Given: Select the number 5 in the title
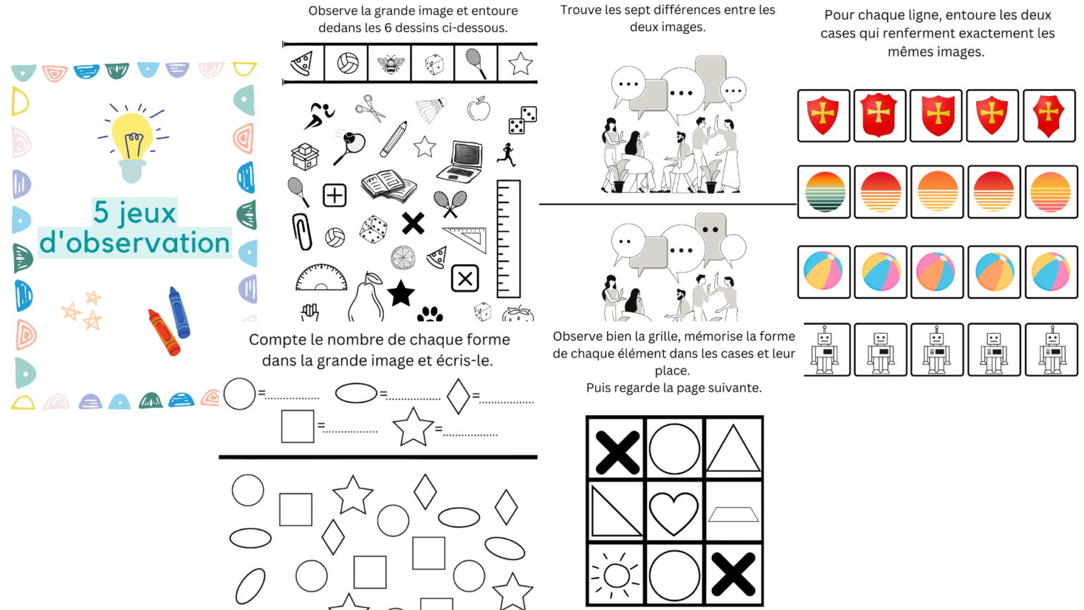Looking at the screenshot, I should (x=101, y=212).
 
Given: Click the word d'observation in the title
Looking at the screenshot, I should (x=135, y=243).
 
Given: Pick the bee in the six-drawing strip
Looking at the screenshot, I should (x=390, y=64).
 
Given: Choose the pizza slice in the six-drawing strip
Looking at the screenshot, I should (x=302, y=64).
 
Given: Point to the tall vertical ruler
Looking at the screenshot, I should (x=508, y=239).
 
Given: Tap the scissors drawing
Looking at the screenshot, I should (x=370, y=109).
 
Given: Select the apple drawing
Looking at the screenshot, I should (x=478, y=109).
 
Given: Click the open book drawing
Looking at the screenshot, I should (x=387, y=186).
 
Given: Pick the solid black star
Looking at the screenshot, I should (x=401, y=293).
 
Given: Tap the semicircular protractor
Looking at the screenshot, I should (x=321, y=278).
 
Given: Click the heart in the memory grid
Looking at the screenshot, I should (x=674, y=513).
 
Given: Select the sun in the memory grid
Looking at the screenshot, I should (x=616, y=575).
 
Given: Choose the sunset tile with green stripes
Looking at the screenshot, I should (x=824, y=192).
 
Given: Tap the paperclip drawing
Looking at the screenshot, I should (x=302, y=232).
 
